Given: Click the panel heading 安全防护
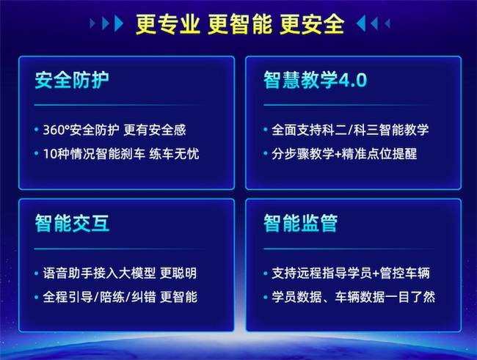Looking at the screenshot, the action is click(x=72, y=80).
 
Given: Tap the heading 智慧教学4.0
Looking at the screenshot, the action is click(x=315, y=80).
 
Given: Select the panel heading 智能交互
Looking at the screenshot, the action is click(x=72, y=223).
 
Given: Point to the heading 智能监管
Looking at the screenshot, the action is click(x=301, y=223).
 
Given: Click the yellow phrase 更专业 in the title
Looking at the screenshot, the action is click(x=167, y=24).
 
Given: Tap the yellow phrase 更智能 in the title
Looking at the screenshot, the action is click(x=240, y=24).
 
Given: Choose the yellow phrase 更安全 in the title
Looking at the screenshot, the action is click(x=312, y=24).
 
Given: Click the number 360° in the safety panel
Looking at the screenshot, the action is click(x=57, y=130).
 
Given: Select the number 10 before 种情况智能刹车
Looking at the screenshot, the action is click(x=50, y=154).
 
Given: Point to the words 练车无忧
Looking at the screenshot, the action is click(x=174, y=154).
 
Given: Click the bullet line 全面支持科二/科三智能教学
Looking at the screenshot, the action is click(x=350, y=130).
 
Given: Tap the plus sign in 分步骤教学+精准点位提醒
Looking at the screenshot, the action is click(x=338, y=154).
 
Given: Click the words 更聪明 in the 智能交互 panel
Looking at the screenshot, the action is click(x=178, y=273).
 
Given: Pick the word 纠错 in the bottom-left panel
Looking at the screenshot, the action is click(x=144, y=297).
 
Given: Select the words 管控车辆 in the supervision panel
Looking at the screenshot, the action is click(x=404, y=273).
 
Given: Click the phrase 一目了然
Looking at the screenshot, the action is click(x=410, y=297).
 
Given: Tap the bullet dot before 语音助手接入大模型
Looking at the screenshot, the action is click(x=37, y=273).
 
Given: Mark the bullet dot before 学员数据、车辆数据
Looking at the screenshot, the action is click(x=265, y=297).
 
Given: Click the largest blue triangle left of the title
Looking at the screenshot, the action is click(x=119, y=23).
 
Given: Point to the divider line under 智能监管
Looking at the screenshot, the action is click(x=349, y=249).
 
